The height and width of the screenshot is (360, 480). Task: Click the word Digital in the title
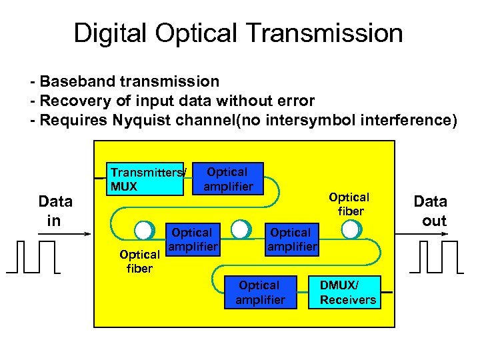click(x=110, y=33)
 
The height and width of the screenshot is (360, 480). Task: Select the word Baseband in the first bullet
click(x=77, y=82)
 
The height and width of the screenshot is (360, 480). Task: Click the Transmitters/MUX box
click(x=146, y=179)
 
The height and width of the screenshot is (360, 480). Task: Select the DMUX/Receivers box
click(x=346, y=293)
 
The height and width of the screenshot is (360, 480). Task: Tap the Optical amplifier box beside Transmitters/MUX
click(x=228, y=179)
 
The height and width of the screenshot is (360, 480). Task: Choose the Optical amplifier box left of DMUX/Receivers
click(x=260, y=293)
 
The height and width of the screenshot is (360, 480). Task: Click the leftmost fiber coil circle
click(x=143, y=230)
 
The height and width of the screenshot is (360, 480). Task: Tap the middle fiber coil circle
click(x=240, y=230)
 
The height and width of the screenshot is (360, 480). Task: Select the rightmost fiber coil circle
click(x=350, y=230)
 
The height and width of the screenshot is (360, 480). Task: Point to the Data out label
click(x=431, y=211)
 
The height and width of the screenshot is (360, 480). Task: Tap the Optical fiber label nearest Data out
click(x=349, y=204)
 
